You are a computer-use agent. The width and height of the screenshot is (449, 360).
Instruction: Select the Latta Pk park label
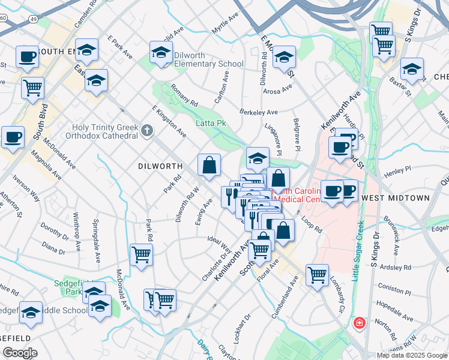211,123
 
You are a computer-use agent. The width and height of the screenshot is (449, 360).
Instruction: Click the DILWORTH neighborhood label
160,166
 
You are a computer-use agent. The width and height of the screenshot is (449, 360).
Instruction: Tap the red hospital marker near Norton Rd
359,323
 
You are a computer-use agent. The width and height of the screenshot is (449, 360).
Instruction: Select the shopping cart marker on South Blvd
32,88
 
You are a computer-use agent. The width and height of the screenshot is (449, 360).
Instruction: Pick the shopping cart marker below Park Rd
140,254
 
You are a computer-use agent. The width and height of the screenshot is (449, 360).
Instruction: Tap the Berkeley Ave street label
259,112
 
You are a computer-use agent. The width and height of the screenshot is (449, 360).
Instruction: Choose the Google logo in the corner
19,353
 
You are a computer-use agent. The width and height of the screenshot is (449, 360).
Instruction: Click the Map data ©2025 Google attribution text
412,355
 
